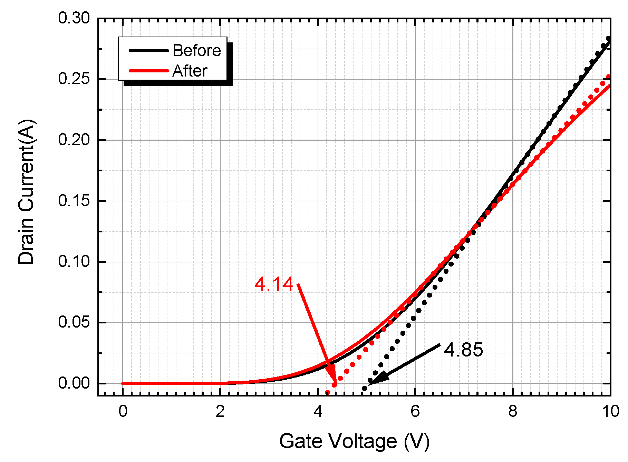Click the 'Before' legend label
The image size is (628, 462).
[196, 51]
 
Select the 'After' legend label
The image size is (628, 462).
[190, 71]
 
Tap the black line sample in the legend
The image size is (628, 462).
[149, 50]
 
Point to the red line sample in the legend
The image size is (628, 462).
[149, 71]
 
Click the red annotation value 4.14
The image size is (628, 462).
[274, 284]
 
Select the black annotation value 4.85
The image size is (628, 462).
[463, 350]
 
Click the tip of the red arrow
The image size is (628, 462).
[335, 382]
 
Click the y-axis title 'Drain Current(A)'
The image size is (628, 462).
[27, 192]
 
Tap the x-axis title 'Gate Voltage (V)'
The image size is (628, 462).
[354, 441]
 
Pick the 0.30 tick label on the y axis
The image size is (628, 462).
[74, 18]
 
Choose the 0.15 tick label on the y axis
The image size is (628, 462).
[74, 201]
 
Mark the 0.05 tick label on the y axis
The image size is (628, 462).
[74, 322]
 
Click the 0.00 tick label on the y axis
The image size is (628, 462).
[74, 383]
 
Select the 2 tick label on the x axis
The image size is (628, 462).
[220, 411]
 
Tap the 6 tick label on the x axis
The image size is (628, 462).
[415, 411]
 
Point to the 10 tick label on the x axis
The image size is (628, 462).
[610, 411]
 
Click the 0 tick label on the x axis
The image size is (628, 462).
[123, 411]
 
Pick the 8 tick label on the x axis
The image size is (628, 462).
[513, 411]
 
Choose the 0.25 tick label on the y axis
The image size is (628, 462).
[74, 79]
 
